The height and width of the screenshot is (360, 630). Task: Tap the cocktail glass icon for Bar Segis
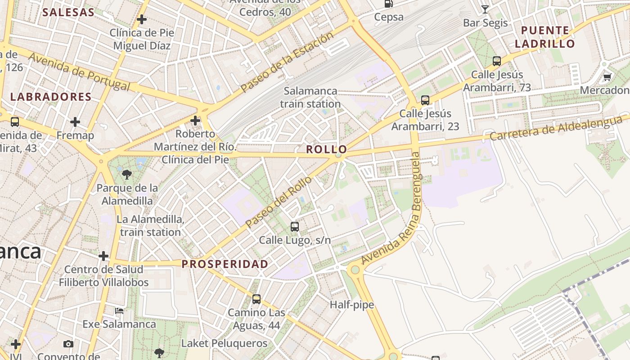(x=485, y=9)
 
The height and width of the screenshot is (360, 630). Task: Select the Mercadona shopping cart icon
(x=607, y=77)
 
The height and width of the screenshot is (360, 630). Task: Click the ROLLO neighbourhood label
(x=327, y=149)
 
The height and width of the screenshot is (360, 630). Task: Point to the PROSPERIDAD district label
(x=225, y=264)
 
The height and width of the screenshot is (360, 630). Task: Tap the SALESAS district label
(x=68, y=12)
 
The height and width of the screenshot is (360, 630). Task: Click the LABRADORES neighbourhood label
(x=51, y=97)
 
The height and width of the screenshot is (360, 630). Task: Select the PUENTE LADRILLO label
(x=545, y=37)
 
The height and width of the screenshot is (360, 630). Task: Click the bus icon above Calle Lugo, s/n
(x=295, y=226)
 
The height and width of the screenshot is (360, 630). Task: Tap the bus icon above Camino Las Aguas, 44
(x=256, y=299)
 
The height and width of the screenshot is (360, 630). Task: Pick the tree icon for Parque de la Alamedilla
(x=127, y=174)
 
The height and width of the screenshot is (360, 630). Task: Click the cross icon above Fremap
(x=75, y=121)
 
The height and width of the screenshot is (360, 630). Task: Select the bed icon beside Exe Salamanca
(x=119, y=311)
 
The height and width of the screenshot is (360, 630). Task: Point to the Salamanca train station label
(x=310, y=97)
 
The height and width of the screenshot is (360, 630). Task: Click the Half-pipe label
(x=352, y=305)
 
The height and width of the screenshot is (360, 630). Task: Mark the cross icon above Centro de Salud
(x=103, y=256)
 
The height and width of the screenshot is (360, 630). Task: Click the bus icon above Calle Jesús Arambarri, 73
(x=497, y=61)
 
